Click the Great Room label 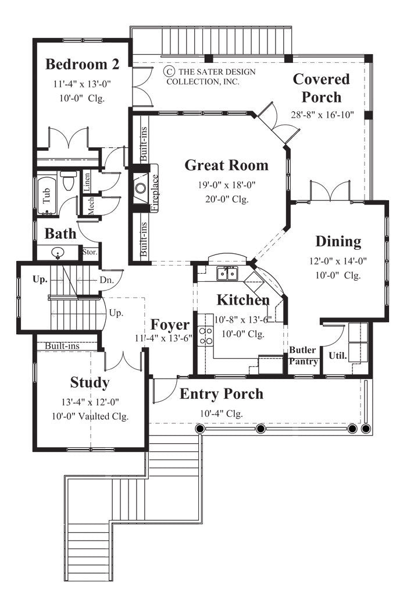coord(226,165)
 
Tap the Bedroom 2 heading coord(78,63)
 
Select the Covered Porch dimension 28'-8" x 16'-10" coord(322,115)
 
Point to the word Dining coord(338,241)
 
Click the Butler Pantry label coord(303,356)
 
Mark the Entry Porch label coord(221,394)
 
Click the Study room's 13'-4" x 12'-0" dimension coord(90,401)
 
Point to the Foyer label coord(170,325)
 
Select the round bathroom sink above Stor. coord(58,253)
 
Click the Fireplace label coord(155,192)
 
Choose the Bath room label coord(60,234)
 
